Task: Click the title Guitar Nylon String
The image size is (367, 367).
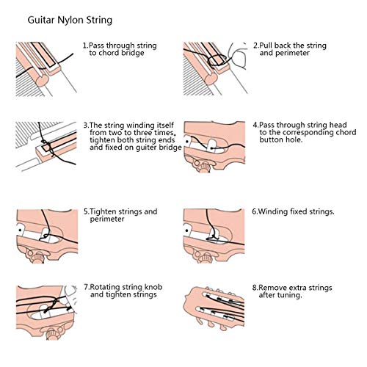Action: (x=71, y=15)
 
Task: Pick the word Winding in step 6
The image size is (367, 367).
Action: (x=277, y=211)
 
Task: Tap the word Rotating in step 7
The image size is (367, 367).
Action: (x=104, y=287)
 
